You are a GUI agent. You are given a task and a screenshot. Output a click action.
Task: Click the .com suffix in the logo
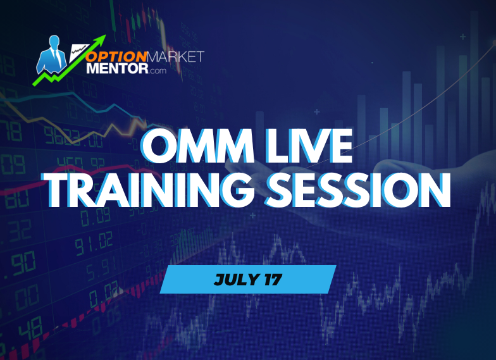coord(156,71)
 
